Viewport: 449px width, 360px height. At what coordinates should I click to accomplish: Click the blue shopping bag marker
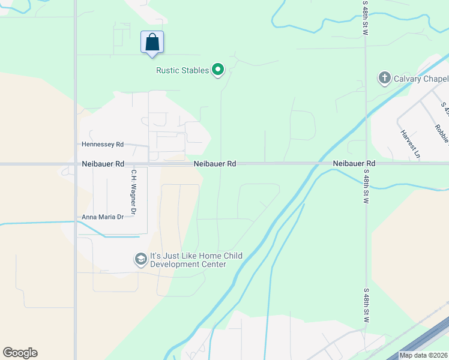tap(152, 43)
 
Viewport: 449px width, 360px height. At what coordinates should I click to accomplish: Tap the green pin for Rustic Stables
tap(218, 71)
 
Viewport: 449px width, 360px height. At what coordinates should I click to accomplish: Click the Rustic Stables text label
tap(182, 71)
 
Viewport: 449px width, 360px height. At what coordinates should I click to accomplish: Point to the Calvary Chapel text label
tap(421, 79)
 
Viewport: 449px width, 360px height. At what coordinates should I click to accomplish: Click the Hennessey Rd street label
tap(103, 145)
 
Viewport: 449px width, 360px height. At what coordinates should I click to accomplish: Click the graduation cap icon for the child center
tap(140, 259)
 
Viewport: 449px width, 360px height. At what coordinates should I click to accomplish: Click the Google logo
tap(20, 353)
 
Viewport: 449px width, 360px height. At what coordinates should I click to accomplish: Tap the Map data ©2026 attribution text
tap(424, 355)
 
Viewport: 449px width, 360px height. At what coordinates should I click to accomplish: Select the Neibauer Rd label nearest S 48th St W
tap(354, 163)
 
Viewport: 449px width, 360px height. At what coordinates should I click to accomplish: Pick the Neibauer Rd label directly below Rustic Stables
tap(214, 163)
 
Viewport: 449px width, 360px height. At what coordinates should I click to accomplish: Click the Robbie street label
tap(443, 135)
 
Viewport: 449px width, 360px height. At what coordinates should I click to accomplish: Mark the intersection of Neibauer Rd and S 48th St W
tap(365, 163)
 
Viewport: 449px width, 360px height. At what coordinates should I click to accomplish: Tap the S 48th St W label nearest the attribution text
tap(366, 306)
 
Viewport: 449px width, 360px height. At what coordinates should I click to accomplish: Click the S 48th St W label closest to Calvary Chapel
tap(366, 18)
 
